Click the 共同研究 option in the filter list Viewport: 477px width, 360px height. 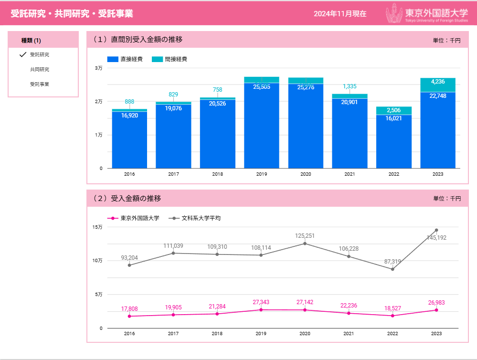[39, 69]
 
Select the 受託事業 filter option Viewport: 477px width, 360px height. [39, 84]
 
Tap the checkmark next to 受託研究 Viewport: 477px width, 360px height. [22, 54]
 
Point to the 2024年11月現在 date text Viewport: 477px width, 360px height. [340, 14]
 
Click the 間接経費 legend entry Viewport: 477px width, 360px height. [170, 59]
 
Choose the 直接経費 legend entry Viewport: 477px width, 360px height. [125, 59]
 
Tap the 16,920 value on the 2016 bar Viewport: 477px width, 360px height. [129, 115]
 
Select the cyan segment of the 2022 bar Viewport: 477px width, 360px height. [394, 111]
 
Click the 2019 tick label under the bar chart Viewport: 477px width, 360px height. [262, 174]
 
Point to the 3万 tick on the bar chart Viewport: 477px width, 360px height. [98, 68]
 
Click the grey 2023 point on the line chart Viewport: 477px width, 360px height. [436, 230]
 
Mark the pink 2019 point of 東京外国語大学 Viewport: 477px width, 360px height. [261, 310]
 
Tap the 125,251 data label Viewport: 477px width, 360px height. [305, 236]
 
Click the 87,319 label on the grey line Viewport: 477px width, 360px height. [392, 262]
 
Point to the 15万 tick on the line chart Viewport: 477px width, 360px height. [97, 227]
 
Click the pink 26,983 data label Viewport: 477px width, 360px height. [436, 302]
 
